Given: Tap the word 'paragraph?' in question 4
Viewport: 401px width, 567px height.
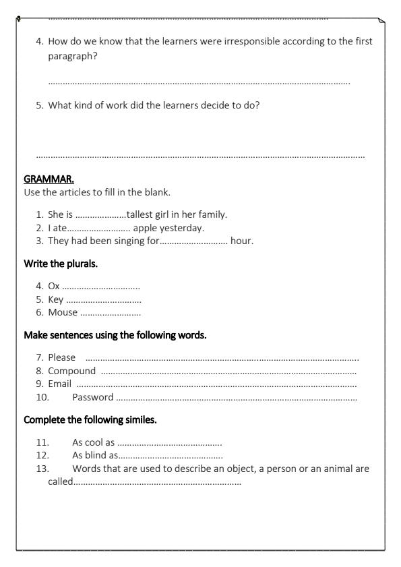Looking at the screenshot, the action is [72, 56].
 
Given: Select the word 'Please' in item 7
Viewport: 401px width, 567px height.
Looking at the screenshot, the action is [61, 357].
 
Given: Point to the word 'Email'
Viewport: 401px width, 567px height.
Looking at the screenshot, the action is [59, 384].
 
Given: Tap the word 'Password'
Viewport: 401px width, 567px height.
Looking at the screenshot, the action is [92, 397].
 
